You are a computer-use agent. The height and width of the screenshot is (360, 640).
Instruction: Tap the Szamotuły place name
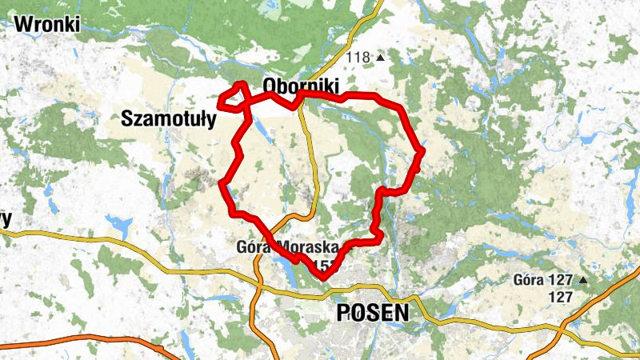tap(169, 120)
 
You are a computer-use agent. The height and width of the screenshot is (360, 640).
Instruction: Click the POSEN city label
tap(373, 312)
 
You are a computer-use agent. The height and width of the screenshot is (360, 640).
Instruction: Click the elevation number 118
tap(360, 58)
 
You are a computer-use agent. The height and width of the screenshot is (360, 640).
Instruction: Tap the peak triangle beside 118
tap(381, 58)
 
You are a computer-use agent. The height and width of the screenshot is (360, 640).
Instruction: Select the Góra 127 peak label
tap(545, 281)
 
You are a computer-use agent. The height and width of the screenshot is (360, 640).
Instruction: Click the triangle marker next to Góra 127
tap(583, 281)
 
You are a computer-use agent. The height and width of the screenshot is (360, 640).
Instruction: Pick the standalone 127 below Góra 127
tap(561, 297)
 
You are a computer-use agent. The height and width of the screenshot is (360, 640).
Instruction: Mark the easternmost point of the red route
tap(421, 150)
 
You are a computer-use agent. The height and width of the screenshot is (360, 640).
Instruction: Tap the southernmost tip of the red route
tap(324, 277)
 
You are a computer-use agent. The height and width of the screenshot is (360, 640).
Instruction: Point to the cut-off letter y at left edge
tap(6, 218)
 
